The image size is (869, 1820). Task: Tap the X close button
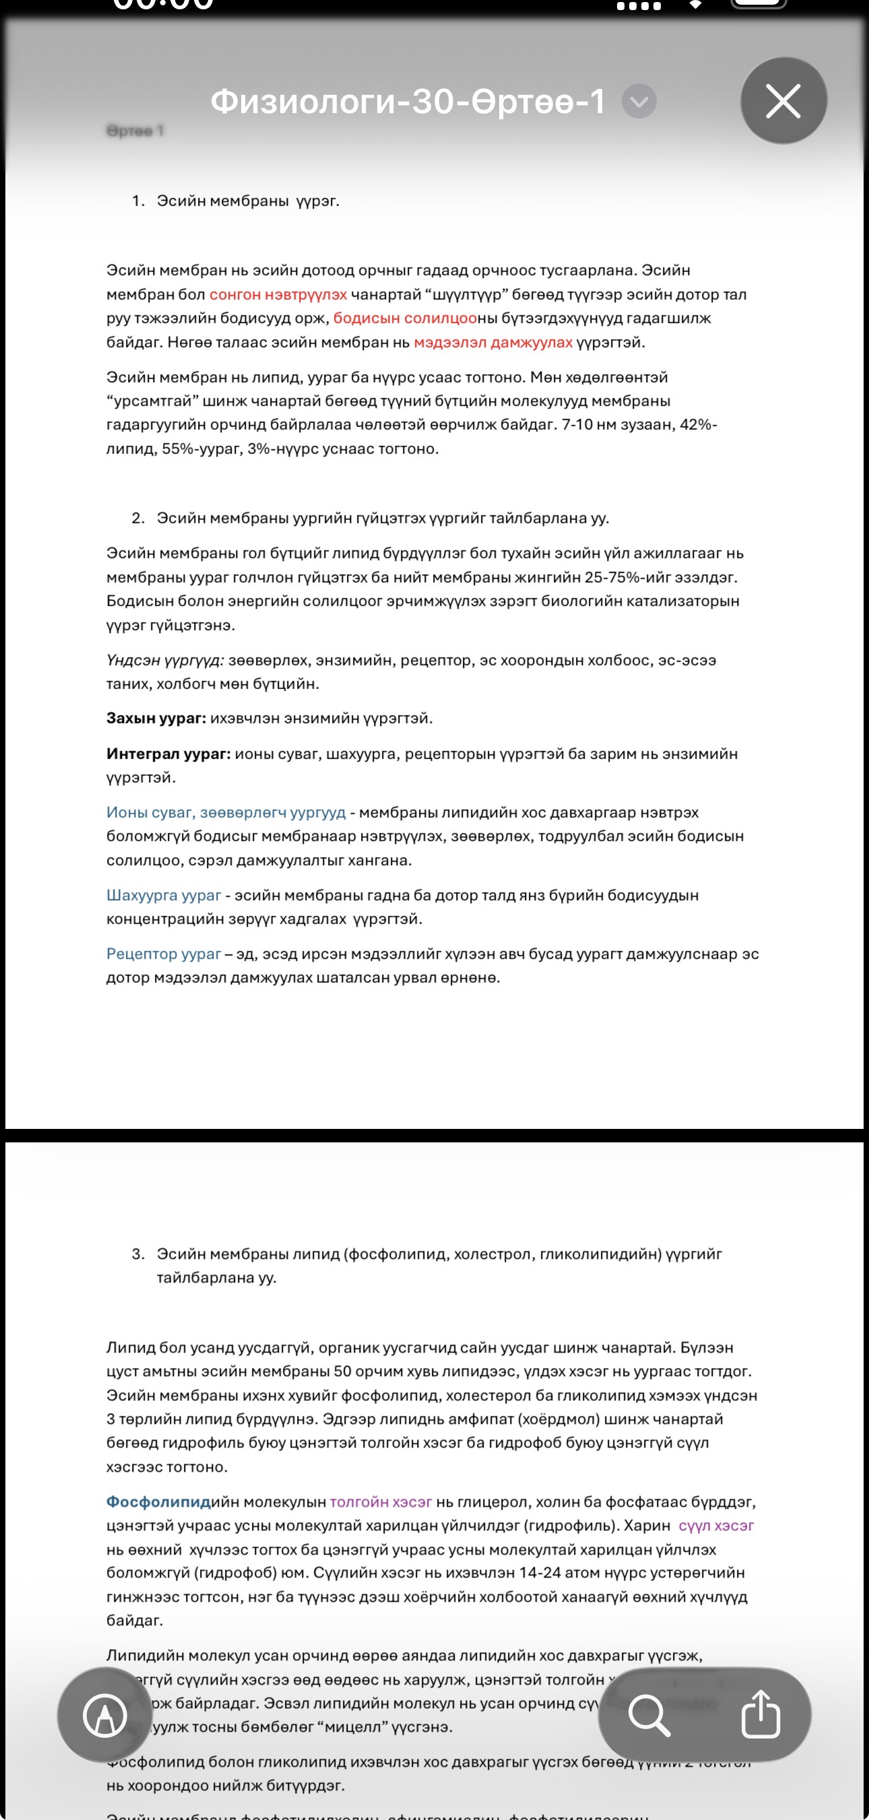pos(783,101)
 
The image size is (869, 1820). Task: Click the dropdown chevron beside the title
pos(639,102)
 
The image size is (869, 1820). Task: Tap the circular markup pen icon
pos(104,1715)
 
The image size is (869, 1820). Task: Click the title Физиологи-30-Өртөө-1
pos(408,102)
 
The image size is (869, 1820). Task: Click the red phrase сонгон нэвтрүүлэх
pos(278,294)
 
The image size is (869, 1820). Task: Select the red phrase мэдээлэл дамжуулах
pos(492,343)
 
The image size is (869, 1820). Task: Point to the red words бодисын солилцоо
pos(405,319)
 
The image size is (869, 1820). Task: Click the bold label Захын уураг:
pos(156,719)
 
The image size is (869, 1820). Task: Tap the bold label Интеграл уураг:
pos(168,754)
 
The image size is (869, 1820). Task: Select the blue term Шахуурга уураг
pos(163,895)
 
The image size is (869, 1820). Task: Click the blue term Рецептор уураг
pos(163,954)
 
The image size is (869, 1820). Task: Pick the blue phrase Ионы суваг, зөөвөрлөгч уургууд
pos(226,812)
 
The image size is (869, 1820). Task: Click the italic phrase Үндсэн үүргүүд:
pos(164,660)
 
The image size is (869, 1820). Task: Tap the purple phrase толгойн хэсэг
pos(380,1501)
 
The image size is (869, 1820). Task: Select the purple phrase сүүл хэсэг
pos(715,1526)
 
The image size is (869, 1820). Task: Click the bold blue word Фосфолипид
pos(158,1501)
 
